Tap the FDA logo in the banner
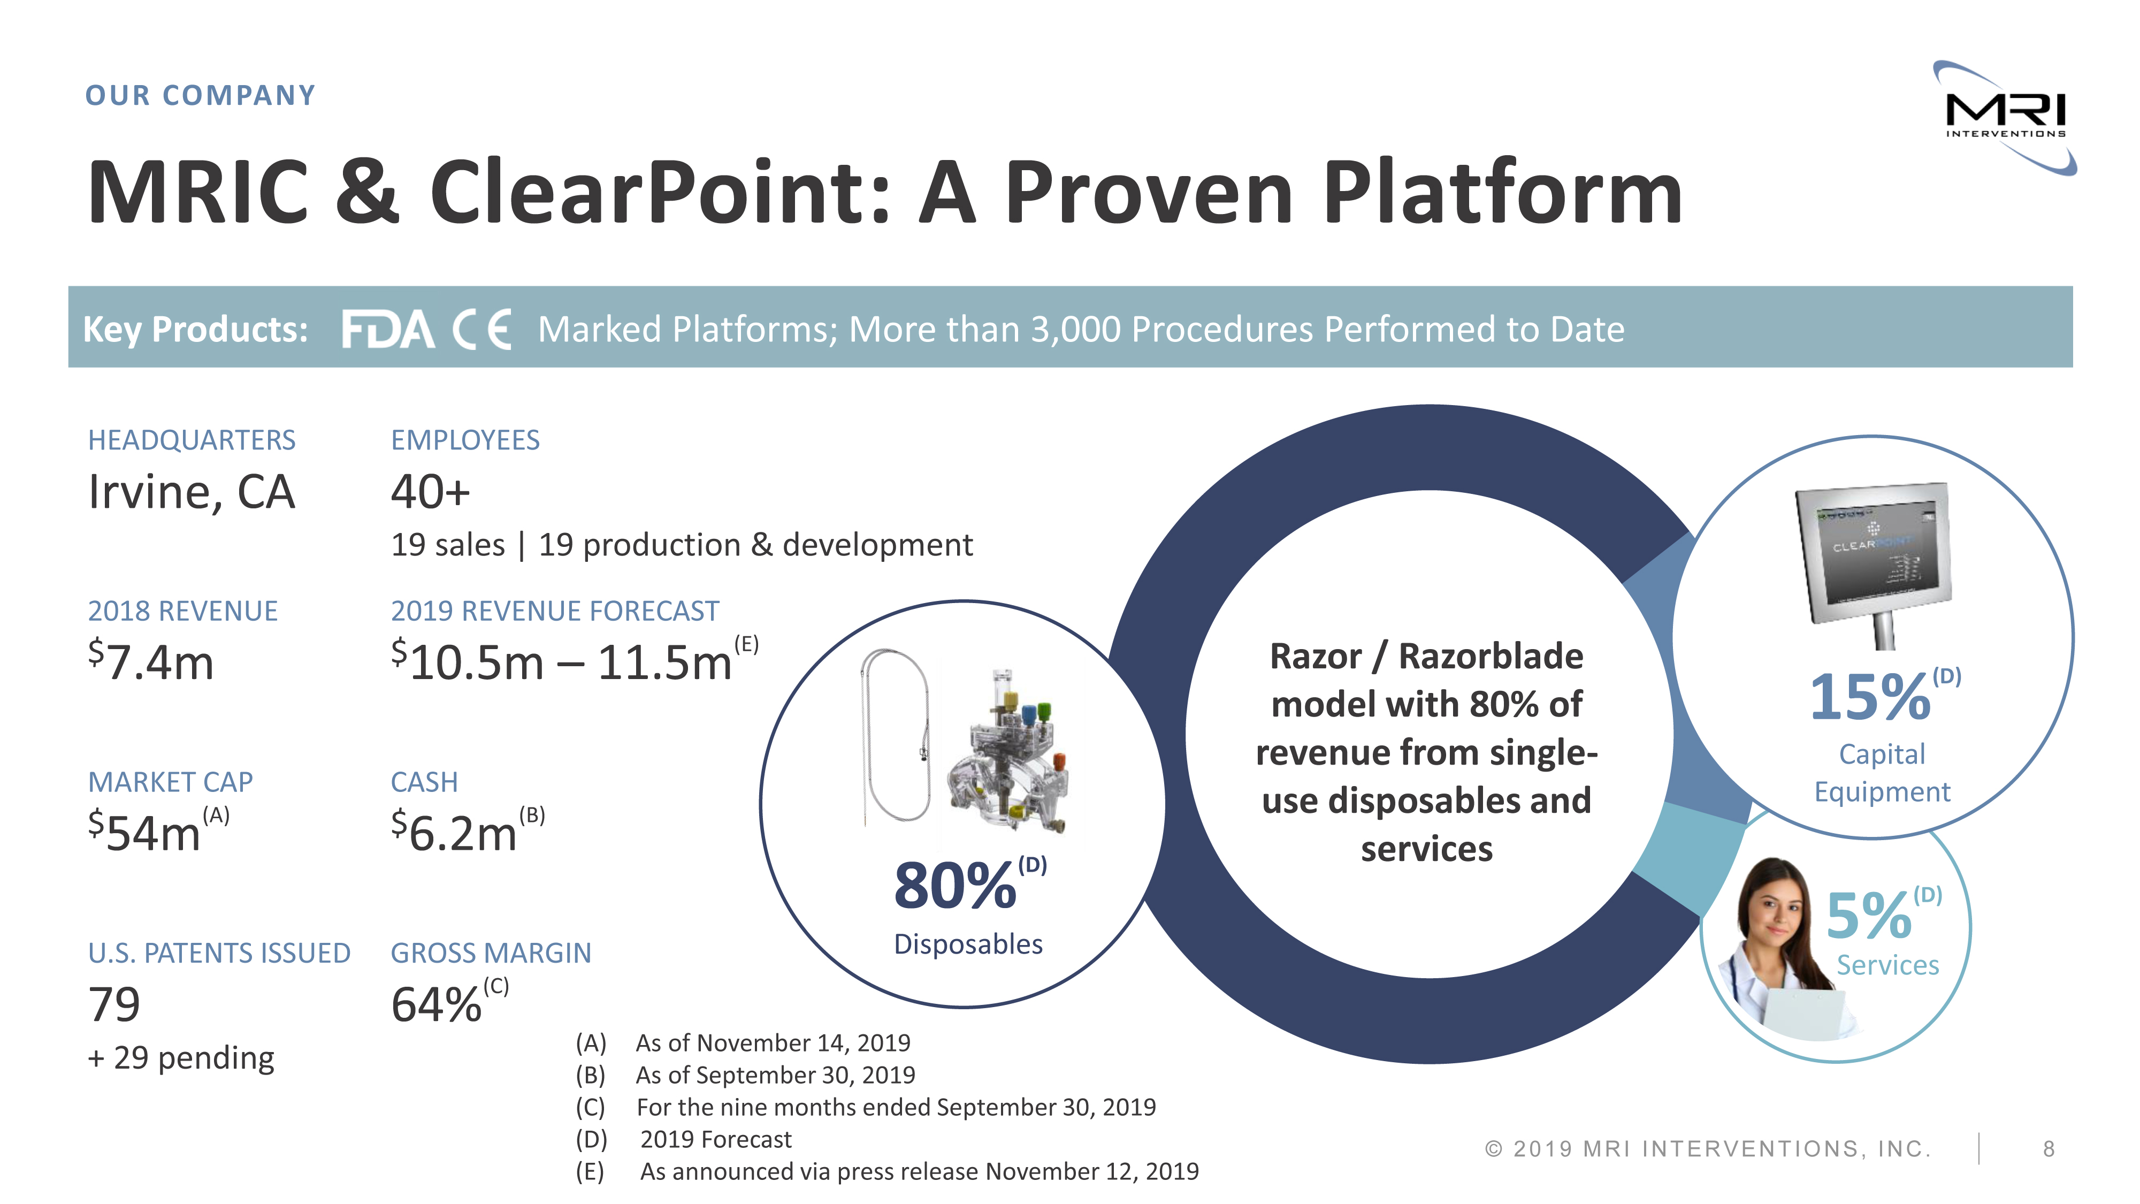pos(388,330)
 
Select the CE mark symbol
pos(482,330)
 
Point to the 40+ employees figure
pos(430,491)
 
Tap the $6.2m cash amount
pos(454,832)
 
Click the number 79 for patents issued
pos(114,1004)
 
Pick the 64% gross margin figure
pos(436,1004)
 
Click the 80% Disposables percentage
pos(956,886)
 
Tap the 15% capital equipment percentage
pos(1870,697)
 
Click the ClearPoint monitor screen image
pos(1874,553)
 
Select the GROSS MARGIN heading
pos(491,953)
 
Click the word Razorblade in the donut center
pos(1491,657)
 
